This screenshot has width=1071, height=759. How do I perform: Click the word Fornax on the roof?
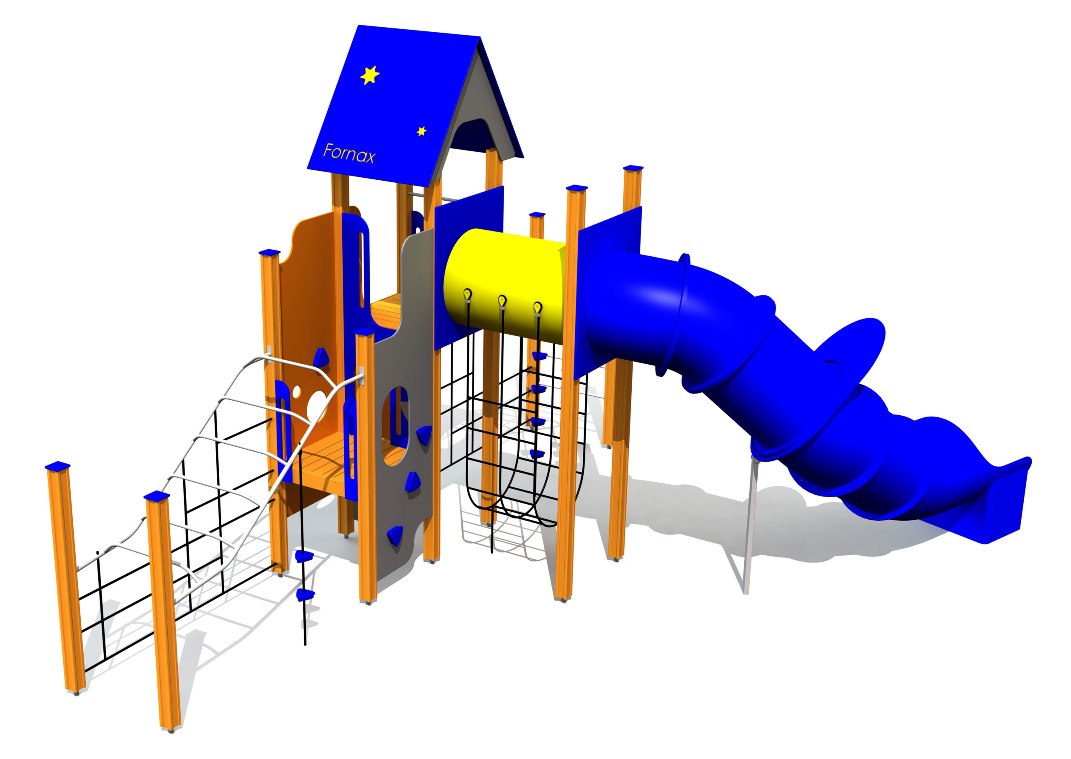coord(349,153)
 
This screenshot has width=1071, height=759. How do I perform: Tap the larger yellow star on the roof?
coord(370,75)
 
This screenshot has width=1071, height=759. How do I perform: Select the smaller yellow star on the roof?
coord(421,131)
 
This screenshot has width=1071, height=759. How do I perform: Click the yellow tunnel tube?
coord(505,286)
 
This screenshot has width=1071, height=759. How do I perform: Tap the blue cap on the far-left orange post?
coord(57,465)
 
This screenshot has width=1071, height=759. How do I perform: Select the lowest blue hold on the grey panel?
coord(395,536)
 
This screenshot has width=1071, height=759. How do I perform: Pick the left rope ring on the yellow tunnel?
coord(467,294)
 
